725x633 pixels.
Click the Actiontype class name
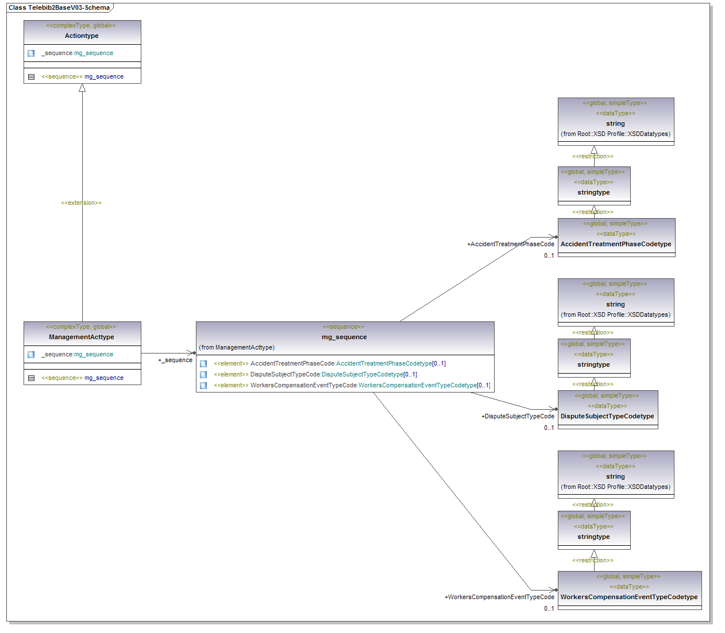coord(82,36)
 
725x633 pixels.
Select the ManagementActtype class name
coord(82,337)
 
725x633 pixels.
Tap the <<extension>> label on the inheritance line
coord(81,203)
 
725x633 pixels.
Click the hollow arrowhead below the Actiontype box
coord(82,88)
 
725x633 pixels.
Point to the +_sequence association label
coord(175,360)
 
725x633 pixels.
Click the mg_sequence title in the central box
coord(344,337)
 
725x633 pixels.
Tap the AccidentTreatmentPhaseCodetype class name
coord(616,244)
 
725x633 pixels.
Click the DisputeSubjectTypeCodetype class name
coord(607,416)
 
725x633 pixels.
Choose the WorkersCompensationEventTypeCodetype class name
coord(629,597)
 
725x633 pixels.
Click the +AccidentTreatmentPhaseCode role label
coord(511,244)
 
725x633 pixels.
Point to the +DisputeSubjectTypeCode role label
coord(518,416)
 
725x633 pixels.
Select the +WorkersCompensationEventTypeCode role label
coord(499,597)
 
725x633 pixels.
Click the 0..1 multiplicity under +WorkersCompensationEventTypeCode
coord(549,608)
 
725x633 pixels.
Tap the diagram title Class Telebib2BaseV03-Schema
coord(59,7)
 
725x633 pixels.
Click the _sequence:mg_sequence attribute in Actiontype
coord(77,53)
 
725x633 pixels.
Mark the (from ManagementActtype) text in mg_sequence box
coord(237,347)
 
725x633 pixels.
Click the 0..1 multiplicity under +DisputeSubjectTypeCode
coord(549,428)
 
